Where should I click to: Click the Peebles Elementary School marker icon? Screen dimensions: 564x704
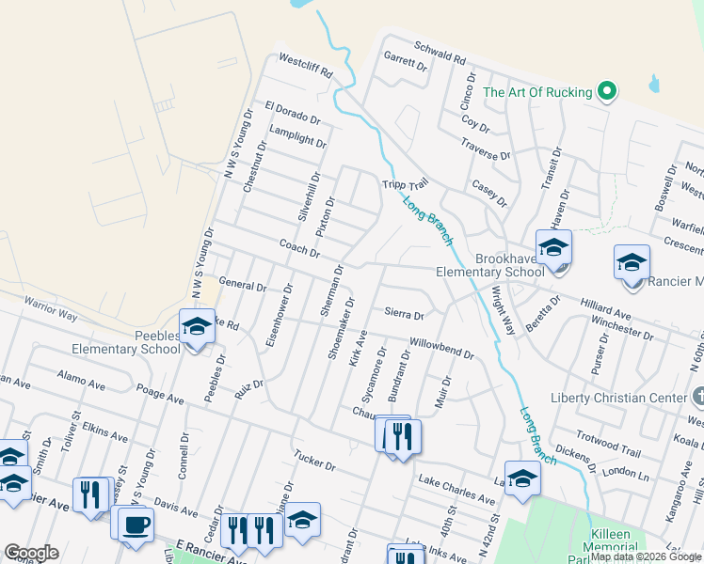click(x=198, y=327)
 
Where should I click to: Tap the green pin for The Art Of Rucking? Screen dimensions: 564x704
click(x=608, y=92)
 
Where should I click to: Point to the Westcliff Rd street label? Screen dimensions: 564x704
click(x=306, y=65)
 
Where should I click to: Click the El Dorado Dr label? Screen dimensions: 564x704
click(x=293, y=114)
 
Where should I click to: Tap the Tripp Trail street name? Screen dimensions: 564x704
click(x=405, y=187)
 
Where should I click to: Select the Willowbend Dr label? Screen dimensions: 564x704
click(x=441, y=348)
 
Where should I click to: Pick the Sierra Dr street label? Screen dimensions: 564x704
click(x=405, y=315)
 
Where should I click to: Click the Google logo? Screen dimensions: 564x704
click(x=31, y=553)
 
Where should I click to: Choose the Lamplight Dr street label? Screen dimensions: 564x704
click(x=297, y=136)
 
